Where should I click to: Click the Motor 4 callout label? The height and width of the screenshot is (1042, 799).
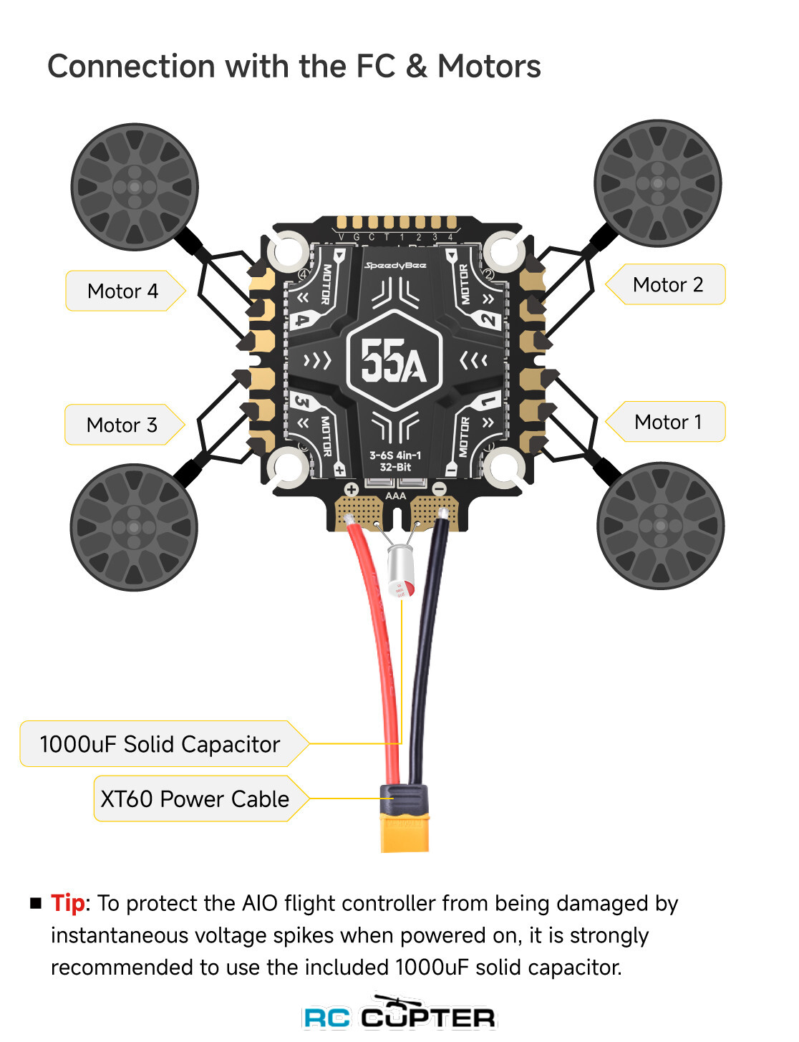tap(122, 291)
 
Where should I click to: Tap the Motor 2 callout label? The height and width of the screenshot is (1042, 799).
tap(667, 284)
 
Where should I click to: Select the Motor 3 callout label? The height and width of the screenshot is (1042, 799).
tap(122, 425)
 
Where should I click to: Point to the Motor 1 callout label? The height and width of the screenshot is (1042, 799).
tap(667, 422)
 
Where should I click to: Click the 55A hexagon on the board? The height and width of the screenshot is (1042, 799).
tap(394, 360)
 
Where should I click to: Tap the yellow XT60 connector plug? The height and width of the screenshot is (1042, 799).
tap(405, 831)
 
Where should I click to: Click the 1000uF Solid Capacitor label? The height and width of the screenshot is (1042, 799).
tap(160, 744)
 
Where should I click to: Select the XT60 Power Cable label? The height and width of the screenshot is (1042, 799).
tap(195, 799)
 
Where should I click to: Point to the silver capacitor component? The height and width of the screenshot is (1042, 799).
tap(401, 571)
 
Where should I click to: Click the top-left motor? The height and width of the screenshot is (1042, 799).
tap(135, 187)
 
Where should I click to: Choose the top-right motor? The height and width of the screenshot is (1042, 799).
tap(658, 183)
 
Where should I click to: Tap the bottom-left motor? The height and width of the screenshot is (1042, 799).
tap(134, 527)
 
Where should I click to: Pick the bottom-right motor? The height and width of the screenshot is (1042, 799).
tap(660, 526)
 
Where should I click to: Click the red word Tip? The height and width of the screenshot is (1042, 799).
tap(67, 903)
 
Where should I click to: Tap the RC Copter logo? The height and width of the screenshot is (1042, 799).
tap(399, 1014)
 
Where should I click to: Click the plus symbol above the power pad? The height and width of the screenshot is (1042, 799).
tap(352, 490)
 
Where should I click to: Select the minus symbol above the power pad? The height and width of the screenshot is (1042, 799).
tap(440, 489)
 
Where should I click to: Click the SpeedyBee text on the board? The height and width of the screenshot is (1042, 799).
tap(395, 266)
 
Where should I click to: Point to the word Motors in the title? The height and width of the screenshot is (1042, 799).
tap(489, 66)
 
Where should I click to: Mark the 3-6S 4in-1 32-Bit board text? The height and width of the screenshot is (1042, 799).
tap(395, 461)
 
